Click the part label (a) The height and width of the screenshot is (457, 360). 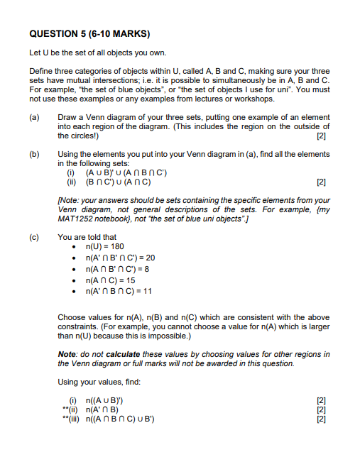click(34, 116)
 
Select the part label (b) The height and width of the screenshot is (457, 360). click(34, 154)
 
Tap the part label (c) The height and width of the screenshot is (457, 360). click(34, 238)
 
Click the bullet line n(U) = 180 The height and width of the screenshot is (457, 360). click(104, 246)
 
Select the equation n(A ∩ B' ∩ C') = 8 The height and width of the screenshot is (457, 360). click(116, 269)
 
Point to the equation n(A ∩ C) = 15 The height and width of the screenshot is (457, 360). click(109, 280)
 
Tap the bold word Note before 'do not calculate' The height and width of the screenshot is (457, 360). click(67, 354)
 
